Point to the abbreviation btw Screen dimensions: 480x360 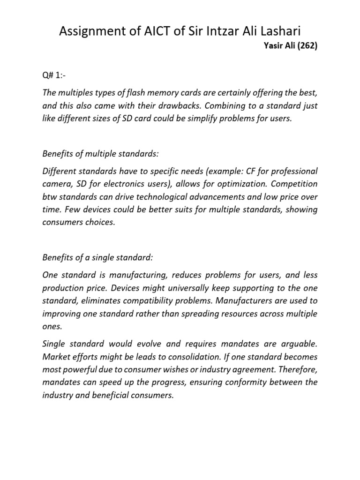pos(49,196)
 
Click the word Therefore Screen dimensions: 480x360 pos(299,369)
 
